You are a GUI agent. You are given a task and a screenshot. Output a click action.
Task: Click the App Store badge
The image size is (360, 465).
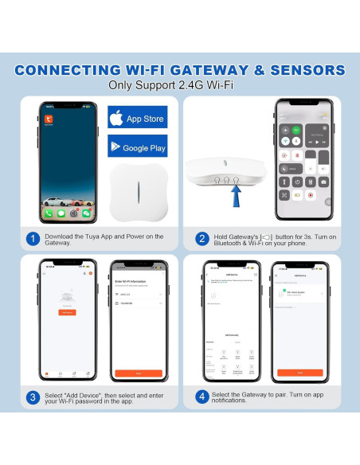[x=137, y=117]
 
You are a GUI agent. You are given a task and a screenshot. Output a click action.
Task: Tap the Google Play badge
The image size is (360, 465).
[x=137, y=147]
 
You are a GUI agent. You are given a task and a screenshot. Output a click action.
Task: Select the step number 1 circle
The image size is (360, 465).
[x=33, y=239]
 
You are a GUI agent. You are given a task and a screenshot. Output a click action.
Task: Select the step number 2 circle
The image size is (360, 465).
[x=200, y=239]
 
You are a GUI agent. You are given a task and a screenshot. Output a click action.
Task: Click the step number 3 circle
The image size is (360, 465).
[x=33, y=396]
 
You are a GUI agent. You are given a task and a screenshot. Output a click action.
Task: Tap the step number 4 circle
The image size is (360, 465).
[x=200, y=396]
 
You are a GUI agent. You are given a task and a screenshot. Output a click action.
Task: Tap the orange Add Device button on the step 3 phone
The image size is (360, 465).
[x=68, y=313]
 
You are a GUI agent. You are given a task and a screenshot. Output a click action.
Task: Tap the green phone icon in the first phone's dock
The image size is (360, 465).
[x=49, y=213]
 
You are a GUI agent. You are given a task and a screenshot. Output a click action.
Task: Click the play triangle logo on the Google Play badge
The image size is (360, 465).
[x=118, y=147]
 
